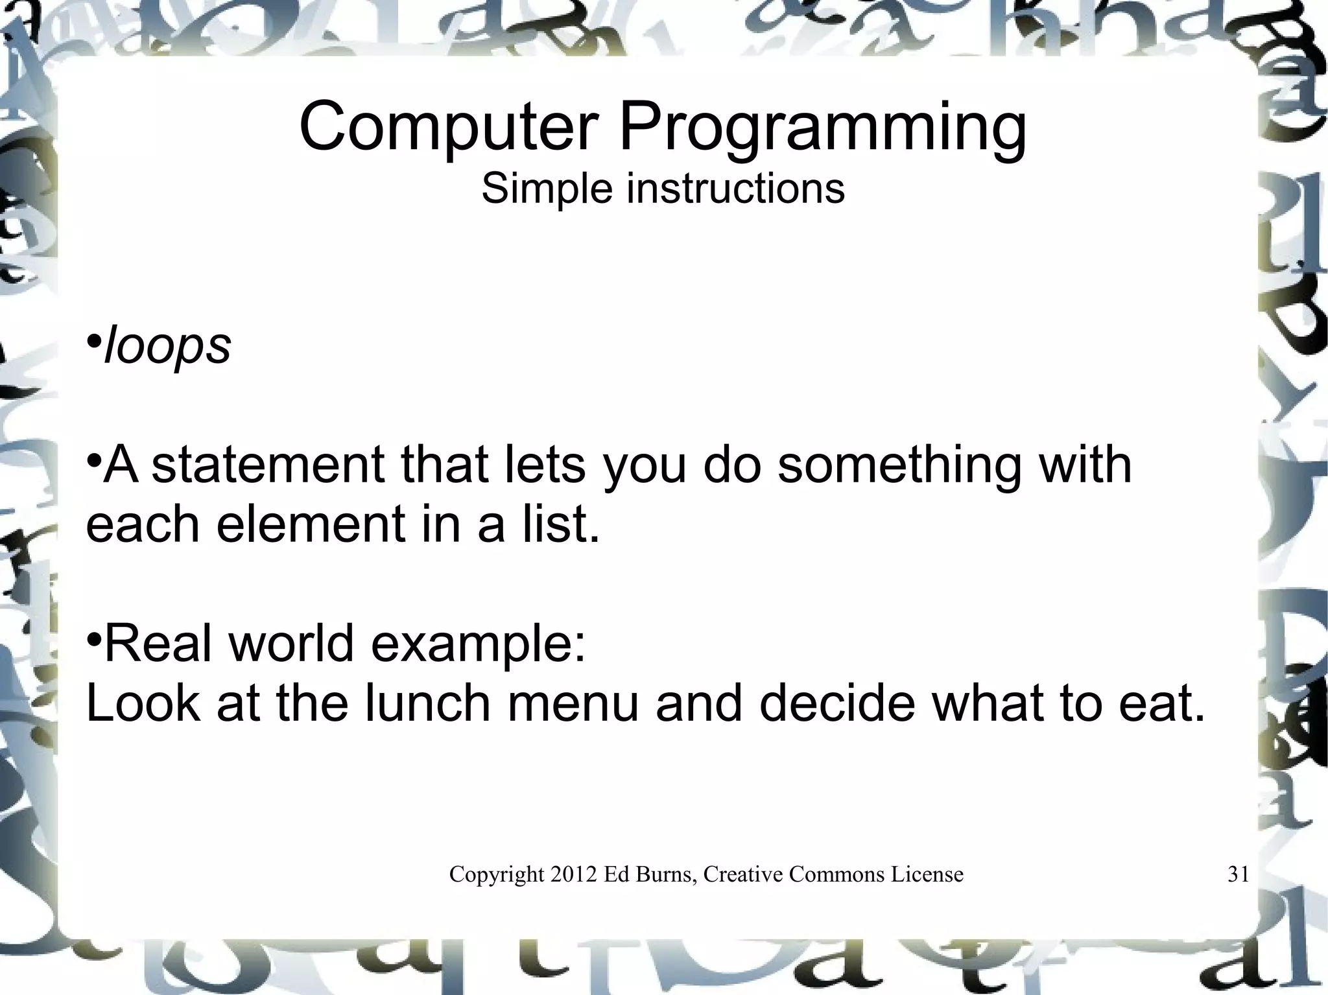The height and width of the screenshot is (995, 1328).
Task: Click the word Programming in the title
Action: pyautogui.click(x=823, y=130)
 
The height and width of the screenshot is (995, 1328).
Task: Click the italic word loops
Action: pyautogui.click(x=167, y=347)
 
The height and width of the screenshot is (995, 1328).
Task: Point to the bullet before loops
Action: pyautogui.click(x=94, y=341)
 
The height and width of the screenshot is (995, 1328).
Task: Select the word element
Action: pyautogui.click(x=311, y=524)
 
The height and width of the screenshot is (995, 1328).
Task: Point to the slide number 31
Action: pyautogui.click(x=1238, y=874)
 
